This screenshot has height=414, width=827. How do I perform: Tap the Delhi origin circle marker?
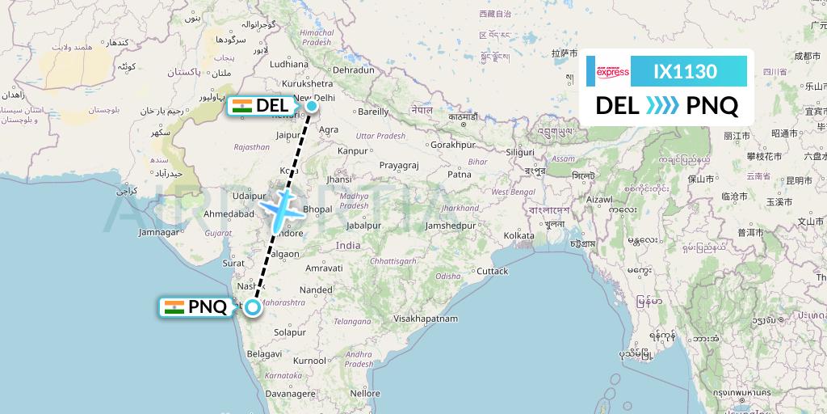click(311, 104)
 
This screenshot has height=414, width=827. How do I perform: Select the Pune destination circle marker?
click(253, 306)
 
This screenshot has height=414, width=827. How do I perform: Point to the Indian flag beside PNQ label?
click(173, 307)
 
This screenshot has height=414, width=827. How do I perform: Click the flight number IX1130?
click(685, 72)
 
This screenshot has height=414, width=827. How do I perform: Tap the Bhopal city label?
click(317, 209)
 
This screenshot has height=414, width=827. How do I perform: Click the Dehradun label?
click(354, 70)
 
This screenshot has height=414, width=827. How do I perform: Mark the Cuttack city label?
click(493, 271)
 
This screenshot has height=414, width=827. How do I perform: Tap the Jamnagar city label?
click(158, 232)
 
